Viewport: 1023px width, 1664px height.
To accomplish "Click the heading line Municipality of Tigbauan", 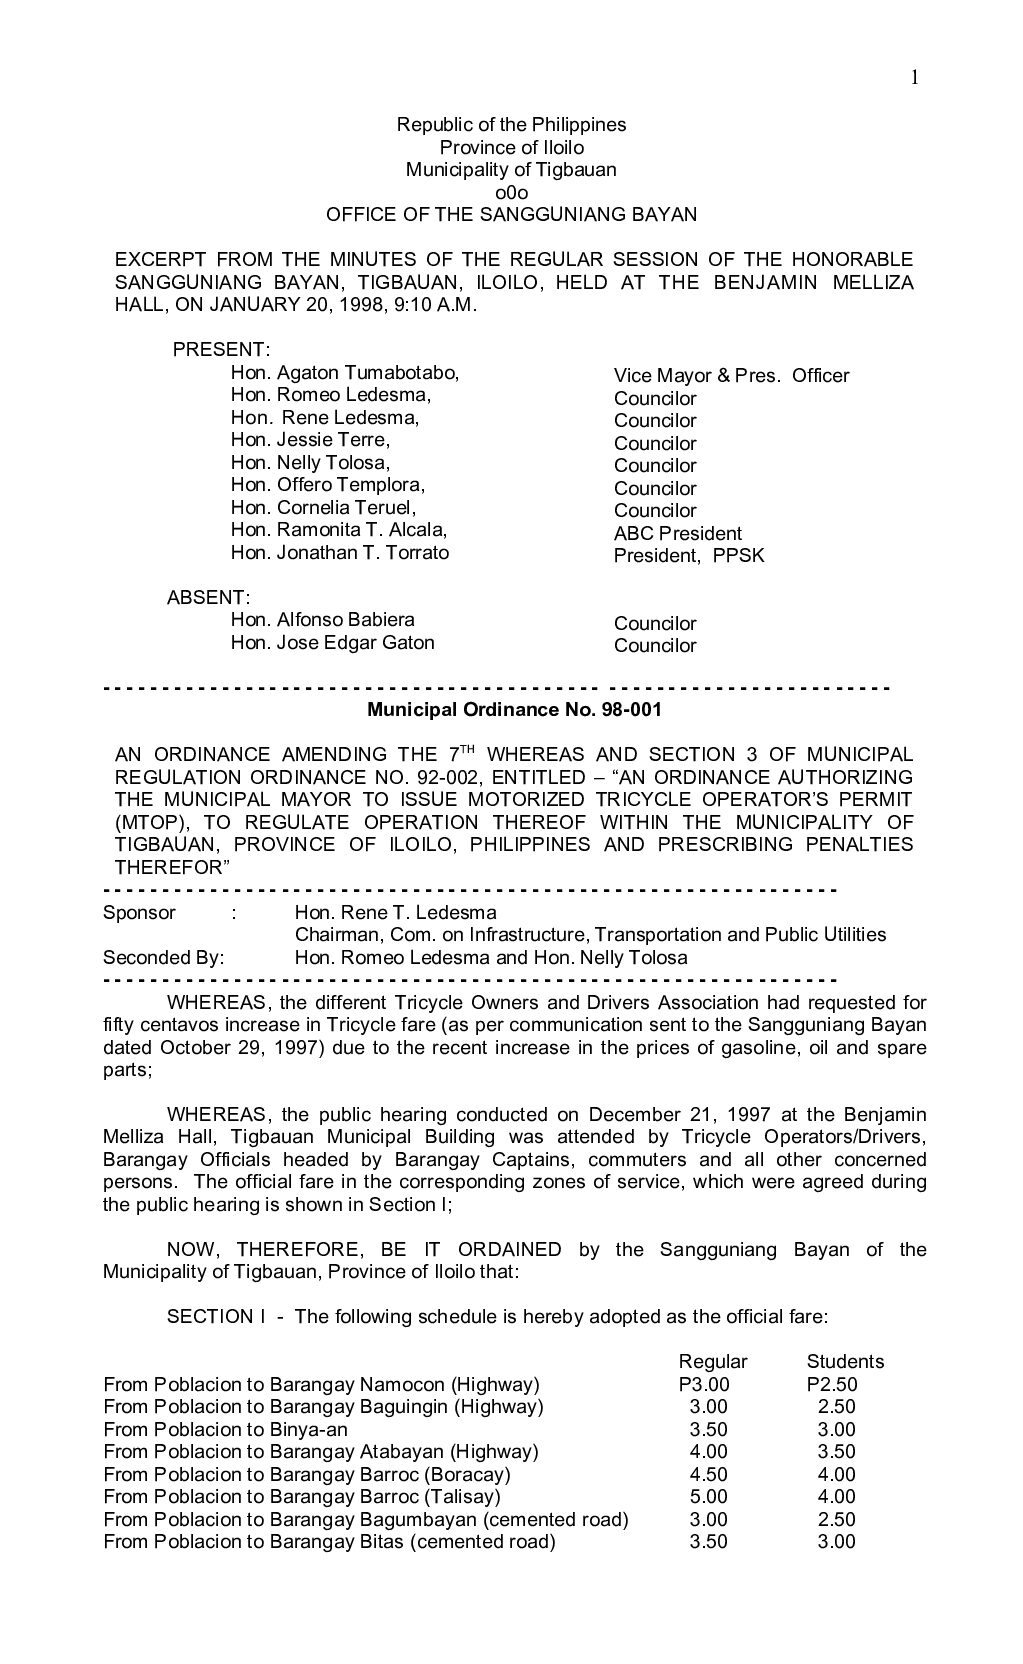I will click(511, 169).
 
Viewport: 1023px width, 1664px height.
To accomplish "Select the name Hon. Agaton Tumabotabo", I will click(344, 373).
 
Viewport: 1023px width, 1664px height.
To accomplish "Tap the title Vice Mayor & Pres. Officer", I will click(731, 376).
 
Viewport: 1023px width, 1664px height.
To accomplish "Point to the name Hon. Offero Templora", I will click(328, 485).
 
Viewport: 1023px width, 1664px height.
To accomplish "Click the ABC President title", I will click(678, 533).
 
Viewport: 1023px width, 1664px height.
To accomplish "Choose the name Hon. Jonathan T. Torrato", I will click(340, 553).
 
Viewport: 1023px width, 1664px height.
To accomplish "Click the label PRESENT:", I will click(221, 350).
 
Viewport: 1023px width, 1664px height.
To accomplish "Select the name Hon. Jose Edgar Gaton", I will click(332, 643).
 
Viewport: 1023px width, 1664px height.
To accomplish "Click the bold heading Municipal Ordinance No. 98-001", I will click(514, 710).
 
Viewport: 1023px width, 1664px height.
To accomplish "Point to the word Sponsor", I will click(139, 912).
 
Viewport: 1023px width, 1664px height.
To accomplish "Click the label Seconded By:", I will click(164, 957).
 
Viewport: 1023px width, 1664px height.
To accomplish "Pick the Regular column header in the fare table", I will click(713, 1361).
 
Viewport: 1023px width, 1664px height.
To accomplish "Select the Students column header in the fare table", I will click(845, 1361).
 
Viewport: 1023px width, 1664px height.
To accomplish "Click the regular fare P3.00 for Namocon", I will click(703, 1385).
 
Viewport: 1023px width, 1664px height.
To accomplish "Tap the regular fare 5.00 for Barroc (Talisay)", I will click(709, 1497).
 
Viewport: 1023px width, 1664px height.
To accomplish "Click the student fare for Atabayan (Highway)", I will click(837, 1452).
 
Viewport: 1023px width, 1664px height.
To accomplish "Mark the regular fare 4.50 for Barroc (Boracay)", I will click(709, 1475).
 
